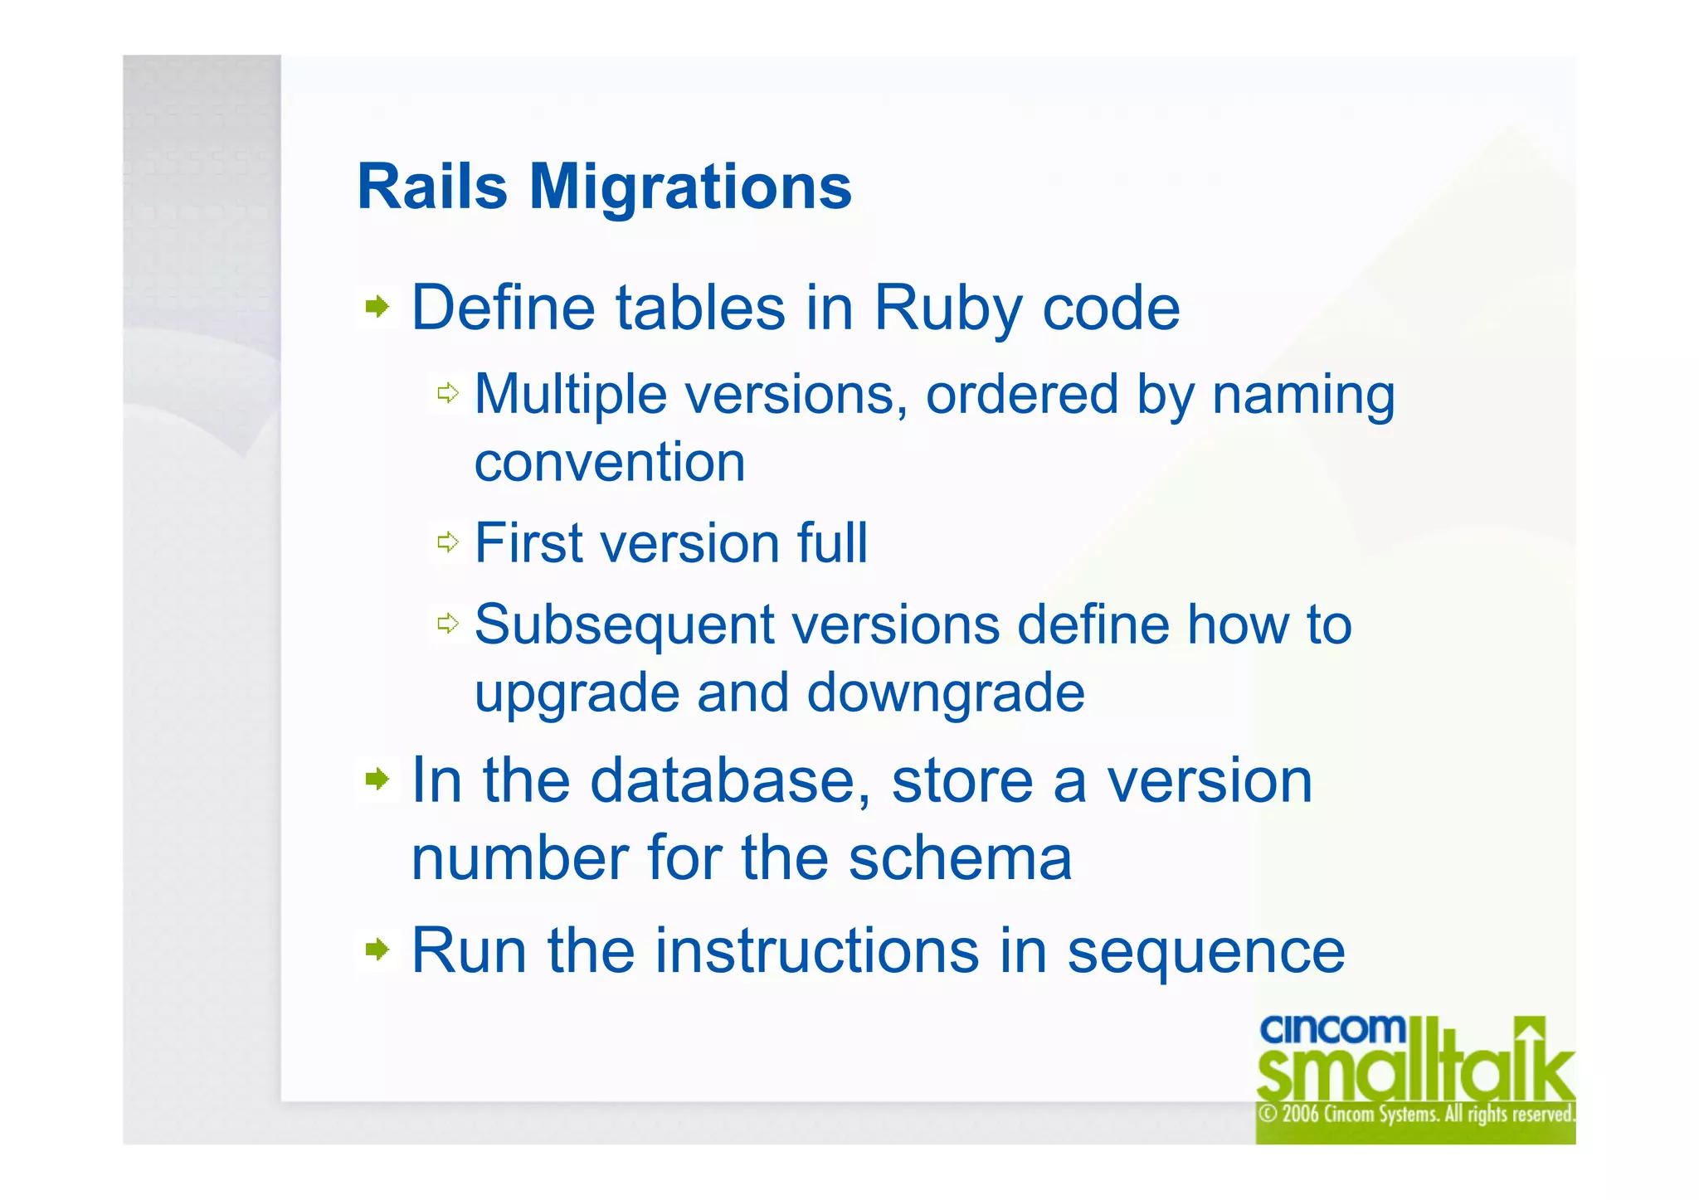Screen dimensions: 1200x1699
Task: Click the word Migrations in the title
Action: pos(690,187)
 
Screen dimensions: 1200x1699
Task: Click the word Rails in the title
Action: pos(431,187)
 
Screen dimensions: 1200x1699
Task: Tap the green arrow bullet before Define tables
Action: pos(377,307)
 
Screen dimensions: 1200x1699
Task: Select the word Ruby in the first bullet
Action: pos(947,309)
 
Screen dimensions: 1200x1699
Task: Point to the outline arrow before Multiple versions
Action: pos(448,393)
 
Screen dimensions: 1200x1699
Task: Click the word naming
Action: pos(1303,395)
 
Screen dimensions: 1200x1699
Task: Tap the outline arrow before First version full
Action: pos(448,542)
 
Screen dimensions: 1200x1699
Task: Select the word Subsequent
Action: pos(624,624)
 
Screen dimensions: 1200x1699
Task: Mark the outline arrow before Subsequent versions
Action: pos(448,623)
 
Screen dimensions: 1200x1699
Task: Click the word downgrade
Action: pos(946,692)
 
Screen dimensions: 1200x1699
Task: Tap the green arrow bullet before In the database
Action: pos(377,779)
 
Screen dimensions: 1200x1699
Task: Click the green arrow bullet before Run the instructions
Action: pos(377,949)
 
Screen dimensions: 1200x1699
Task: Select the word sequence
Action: pos(1205,952)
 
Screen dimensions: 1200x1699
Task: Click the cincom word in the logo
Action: pos(1332,1030)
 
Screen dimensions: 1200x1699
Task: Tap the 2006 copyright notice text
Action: pos(1415,1114)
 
